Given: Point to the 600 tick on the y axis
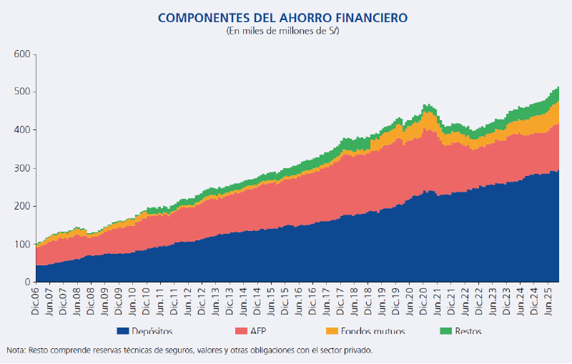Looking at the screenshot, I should tap(22, 54).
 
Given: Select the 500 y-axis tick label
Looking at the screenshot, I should tap(22, 92).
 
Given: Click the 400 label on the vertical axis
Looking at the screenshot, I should tap(22, 130).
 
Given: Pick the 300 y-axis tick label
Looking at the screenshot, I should tap(22, 169).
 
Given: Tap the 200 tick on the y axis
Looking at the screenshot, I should tap(22, 207).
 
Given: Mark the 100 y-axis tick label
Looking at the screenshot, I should tap(22, 245).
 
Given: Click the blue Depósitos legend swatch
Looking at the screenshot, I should tap(122, 331).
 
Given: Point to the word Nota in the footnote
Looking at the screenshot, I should tap(16, 350).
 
